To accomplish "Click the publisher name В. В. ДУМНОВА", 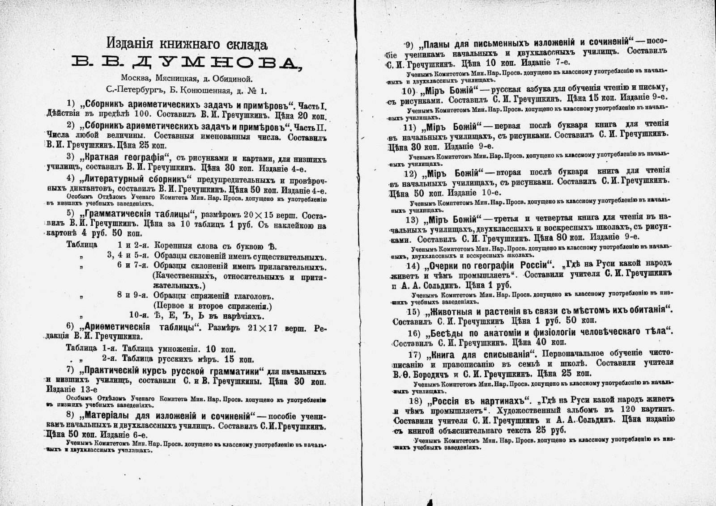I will click(187, 63).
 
